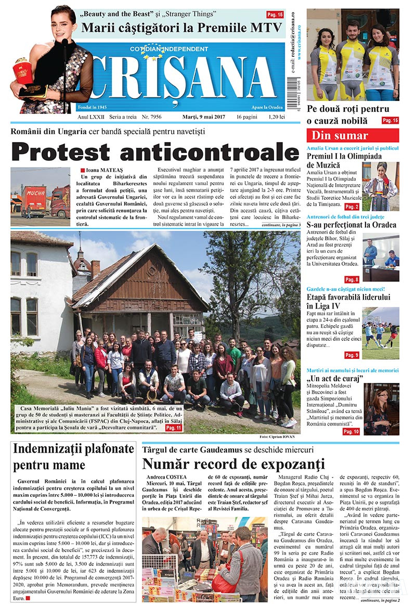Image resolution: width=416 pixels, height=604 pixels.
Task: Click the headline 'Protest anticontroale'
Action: coord(155,152)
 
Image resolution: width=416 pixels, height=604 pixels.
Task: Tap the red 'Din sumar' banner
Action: coord(353,136)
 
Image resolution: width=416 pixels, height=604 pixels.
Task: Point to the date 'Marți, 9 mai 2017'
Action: coord(206,117)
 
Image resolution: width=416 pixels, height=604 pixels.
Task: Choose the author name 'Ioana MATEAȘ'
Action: coord(104,170)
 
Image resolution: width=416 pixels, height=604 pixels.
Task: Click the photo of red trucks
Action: coord(40,197)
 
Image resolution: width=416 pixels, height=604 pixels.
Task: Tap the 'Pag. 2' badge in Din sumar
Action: coord(352,207)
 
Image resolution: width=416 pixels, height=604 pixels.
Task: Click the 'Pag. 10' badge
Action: coord(352,431)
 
